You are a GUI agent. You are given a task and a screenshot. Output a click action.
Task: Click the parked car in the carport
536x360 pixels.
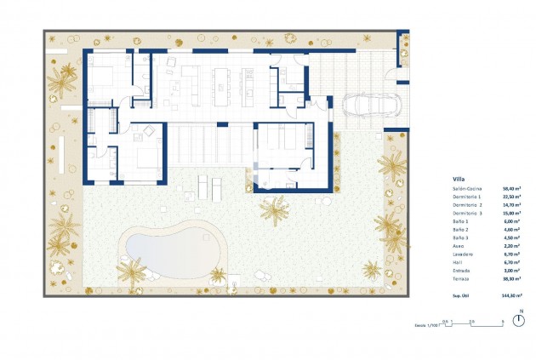(x=372, y=106)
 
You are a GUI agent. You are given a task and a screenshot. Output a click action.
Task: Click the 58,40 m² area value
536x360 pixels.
(x=513, y=190)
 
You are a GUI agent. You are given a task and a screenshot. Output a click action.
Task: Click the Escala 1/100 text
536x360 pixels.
(x=425, y=324)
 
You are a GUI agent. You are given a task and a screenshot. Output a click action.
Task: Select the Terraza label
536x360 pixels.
(x=463, y=278)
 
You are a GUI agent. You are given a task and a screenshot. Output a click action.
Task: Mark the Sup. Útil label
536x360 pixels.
(x=464, y=293)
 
